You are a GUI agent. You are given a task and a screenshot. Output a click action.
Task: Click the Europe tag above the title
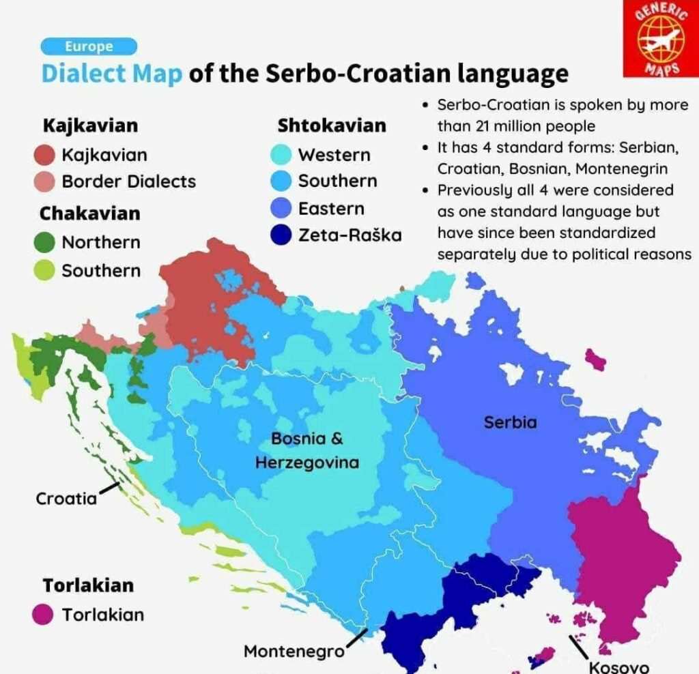89,47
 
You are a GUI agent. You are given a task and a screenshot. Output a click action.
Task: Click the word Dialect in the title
111,73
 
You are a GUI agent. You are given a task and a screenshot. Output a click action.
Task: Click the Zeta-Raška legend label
349,235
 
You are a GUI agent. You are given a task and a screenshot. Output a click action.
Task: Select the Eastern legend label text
331,209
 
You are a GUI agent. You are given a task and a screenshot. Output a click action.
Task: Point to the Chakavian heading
89,213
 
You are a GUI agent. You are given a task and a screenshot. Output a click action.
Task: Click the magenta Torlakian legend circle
44,614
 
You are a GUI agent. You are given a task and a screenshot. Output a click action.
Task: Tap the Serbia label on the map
510,422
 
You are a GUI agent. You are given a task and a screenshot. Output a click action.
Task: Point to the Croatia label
66,499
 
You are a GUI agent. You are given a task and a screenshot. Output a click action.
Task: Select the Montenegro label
294,651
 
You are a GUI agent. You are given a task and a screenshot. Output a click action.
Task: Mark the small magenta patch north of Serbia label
595,359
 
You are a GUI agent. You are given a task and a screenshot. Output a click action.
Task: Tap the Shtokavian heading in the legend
331,126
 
